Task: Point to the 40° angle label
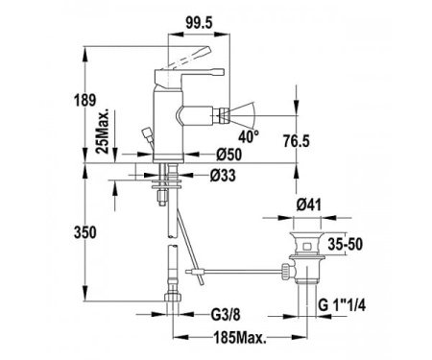pyautogui.click(x=251, y=137)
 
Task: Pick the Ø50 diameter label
pyautogui.click(x=228, y=155)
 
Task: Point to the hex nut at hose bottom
pyautogui.click(x=172, y=297)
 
